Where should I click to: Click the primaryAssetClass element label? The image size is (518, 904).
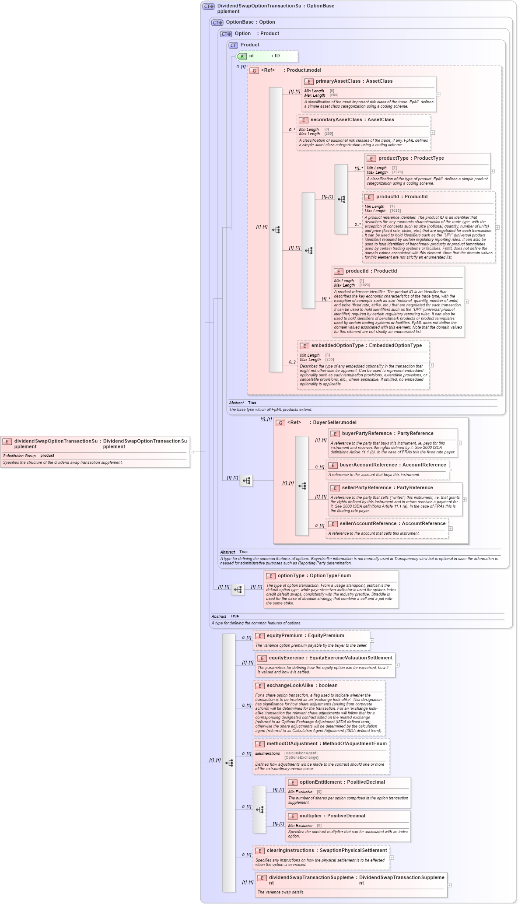[338, 81]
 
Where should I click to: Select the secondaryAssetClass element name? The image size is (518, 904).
[336, 120]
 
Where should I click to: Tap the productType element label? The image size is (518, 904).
[393, 158]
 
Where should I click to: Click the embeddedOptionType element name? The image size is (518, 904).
[337, 346]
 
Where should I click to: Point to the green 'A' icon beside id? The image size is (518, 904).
[242, 56]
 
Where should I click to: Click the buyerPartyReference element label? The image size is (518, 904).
[367, 434]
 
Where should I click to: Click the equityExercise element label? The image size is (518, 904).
[286, 658]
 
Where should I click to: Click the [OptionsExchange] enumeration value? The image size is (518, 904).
[301, 758]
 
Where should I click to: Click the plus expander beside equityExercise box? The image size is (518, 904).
[397, 665]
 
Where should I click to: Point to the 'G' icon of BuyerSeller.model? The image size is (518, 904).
[280, 423]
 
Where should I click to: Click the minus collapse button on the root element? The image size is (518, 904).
[192, 452]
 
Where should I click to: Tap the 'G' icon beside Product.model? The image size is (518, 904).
[254, 70]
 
